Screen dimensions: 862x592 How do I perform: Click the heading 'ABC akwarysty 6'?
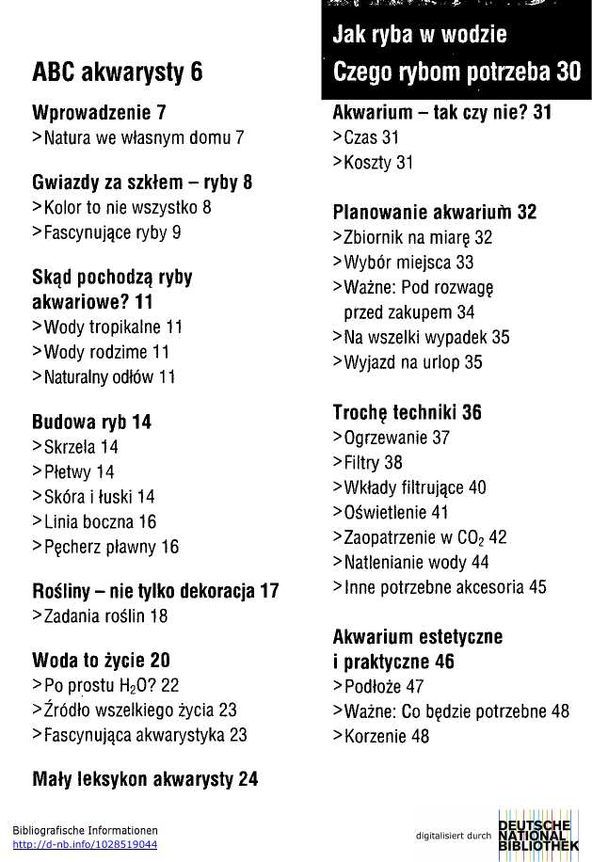(117, 72)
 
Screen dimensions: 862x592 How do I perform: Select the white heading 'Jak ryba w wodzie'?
(419, 35)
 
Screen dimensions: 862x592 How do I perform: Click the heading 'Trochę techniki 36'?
(407, 412)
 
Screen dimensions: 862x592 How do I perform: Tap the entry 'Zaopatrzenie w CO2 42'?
(420, 537)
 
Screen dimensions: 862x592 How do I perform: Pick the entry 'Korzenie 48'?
(381, 736)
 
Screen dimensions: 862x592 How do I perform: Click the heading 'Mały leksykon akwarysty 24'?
(145, 778)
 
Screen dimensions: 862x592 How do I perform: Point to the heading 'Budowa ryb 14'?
(91, 422)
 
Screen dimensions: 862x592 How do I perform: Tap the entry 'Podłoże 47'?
(378, 686)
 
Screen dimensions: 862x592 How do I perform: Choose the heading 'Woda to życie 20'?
(101, 660)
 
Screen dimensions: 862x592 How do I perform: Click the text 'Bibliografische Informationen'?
(85, 830)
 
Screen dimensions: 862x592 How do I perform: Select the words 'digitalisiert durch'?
(454, 835)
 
